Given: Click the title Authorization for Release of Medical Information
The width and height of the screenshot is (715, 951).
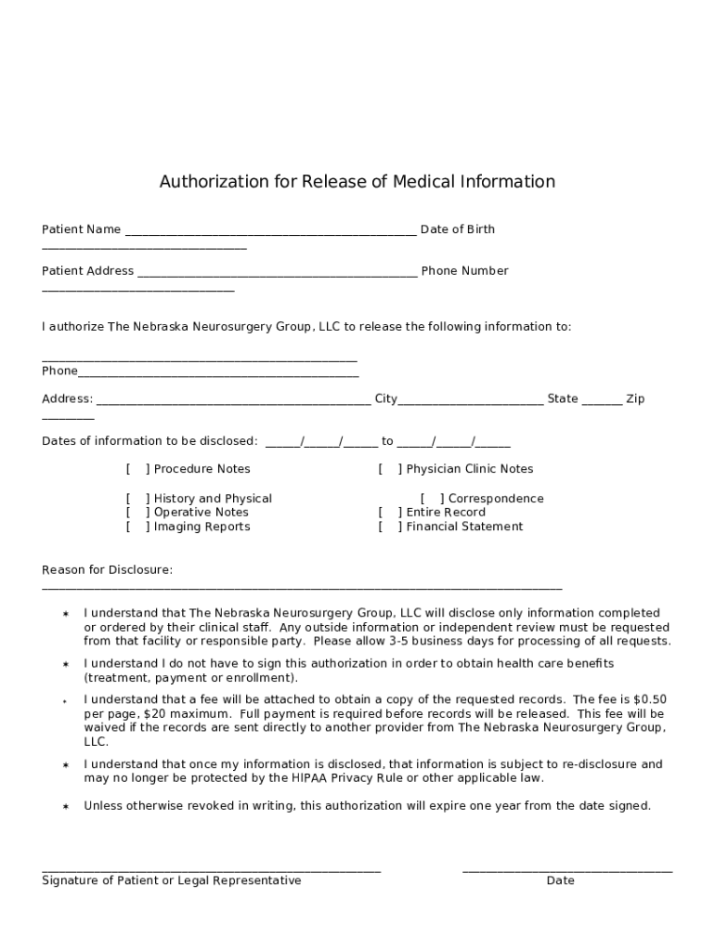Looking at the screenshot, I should (x=357, y=182).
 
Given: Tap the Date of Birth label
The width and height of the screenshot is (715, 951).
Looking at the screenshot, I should (x=457, y=229).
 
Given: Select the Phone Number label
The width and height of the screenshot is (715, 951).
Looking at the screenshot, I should (x=464, y=271).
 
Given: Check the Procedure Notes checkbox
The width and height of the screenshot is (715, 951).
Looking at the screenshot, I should (x=137, y=469).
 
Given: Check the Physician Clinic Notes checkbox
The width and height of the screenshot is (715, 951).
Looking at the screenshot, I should (x=389, y=469).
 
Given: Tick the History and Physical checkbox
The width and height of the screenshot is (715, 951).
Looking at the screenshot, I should (x=137, y=499).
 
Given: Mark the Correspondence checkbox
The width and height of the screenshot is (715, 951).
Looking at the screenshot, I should (x=431, y=499).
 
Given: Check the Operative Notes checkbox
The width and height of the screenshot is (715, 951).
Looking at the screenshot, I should (x=137, y=513).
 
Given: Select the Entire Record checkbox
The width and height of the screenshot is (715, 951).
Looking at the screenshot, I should (x=389, y=513).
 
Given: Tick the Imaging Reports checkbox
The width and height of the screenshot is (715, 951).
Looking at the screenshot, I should (x=137, y=527).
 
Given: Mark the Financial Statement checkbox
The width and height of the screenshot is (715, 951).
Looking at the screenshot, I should (x=389, y=527).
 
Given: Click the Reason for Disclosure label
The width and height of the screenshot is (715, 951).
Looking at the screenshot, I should (x=107, y=570).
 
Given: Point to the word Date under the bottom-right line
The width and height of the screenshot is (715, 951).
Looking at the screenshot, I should (x=560, y=880).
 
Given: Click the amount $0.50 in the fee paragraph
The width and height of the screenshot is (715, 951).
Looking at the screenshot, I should (x=649, y=699).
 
